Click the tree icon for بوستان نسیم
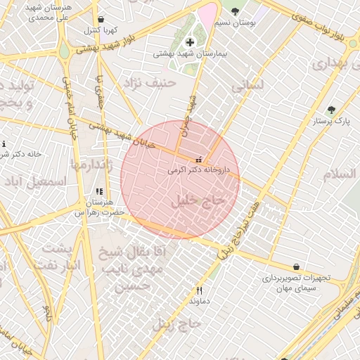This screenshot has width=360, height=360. (x=235, y=12)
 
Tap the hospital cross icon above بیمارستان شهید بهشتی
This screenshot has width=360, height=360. (x=190, y=43)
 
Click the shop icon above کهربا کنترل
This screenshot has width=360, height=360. (x=102, y=20)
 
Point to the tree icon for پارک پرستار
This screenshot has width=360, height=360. (x=332, y=110)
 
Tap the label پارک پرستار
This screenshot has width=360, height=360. (x=332, y=122)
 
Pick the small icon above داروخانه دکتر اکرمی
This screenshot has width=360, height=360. (x=198, y=160)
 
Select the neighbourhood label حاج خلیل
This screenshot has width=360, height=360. (x=198, y=201)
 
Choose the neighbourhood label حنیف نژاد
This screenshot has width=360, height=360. (x=149, y=84)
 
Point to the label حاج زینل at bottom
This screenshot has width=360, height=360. (x=177, y=324)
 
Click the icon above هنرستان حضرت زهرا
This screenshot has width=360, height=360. (x=99, y=191)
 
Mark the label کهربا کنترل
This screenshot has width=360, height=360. (x=101, y=31)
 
